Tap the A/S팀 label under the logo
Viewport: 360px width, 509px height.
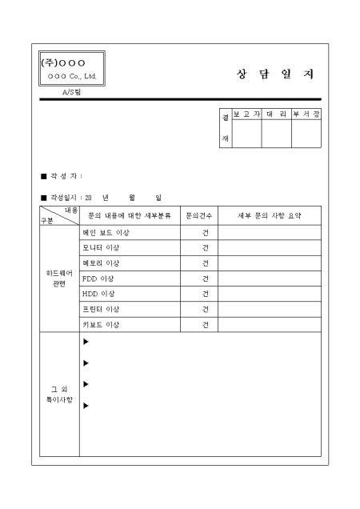[x=71, y=92]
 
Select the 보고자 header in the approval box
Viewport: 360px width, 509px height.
[x=246, y=114]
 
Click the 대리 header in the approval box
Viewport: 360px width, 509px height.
[x=276, y=114]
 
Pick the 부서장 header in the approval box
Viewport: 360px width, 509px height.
[x=306, y=114]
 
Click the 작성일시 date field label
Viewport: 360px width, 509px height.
[x=64, y=197]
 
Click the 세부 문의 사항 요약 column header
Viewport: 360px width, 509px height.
[x=270, y=216]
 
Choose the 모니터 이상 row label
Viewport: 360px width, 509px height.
[x=101, y=248]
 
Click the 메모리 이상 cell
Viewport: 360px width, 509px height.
[x=101, y=263]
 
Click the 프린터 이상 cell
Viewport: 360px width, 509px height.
[x=101, y=309]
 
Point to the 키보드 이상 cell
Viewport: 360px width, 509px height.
[x=101, y=324]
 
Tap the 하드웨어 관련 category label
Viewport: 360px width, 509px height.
[x=59, y=279]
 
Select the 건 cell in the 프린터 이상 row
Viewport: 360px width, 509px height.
[x=206, y=309]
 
